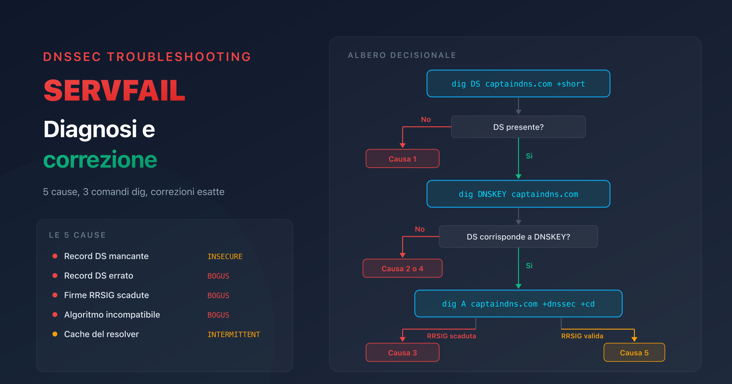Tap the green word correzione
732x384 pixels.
tap(100, 160)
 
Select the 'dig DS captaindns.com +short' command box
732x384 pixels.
tap(518, 84)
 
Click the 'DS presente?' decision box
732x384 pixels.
tap(518, 127)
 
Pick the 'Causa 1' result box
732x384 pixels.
tap(402, 159)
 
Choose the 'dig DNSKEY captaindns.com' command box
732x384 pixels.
tap(518, 194)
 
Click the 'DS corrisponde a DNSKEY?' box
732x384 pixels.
tap(518, 236)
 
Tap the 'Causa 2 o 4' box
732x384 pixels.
tap(402, 268)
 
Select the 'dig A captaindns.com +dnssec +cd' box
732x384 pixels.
tap(518, 304)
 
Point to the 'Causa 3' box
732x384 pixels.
tap(402, 353)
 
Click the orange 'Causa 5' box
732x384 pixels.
tap(634, 353)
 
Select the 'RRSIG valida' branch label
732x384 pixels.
tap(582, 336)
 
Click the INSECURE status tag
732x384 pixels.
tap(225, 256)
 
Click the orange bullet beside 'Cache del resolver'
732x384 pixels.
tap(55, 334)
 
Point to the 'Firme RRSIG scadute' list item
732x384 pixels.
tap(106, 295)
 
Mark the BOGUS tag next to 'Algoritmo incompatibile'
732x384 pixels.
tap(218, 315)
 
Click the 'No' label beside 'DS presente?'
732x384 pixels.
tap(426, 119)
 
